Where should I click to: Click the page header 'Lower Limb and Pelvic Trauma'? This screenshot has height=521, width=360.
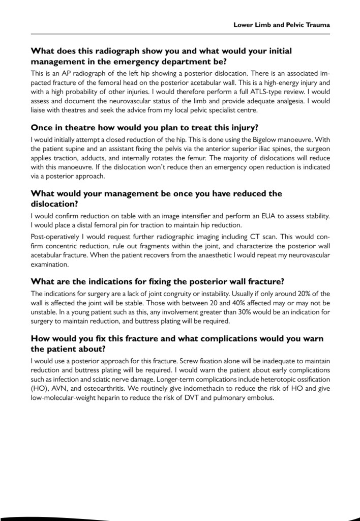point(282,24)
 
